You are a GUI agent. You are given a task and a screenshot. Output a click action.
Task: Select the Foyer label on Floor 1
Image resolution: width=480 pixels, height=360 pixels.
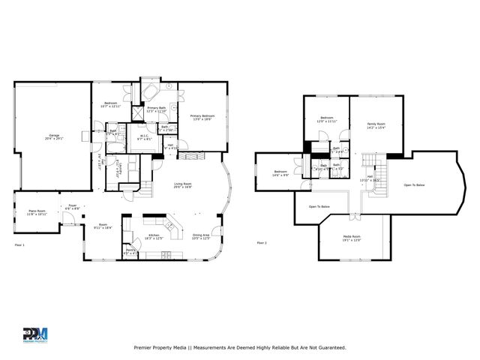coord(73,206)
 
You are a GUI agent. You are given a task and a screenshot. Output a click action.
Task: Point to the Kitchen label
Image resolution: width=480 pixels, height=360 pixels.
coord(153,236)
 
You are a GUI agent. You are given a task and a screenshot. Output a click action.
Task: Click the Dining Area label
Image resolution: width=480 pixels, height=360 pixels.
coord(201,236)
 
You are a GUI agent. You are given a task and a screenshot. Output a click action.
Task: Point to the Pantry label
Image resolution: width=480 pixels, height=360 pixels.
coord(129,251)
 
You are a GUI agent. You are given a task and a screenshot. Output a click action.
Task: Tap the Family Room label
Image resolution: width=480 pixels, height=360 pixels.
coord(376,124)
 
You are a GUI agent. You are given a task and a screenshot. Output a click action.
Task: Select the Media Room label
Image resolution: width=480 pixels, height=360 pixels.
coord(352,238)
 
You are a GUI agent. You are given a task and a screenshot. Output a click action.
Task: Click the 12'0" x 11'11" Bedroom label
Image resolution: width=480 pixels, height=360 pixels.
coord(327,119)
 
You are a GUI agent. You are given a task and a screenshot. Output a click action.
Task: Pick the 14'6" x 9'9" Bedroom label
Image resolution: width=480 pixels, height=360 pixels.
coord(280,173)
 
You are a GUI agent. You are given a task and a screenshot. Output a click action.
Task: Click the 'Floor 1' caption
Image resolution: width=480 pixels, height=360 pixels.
coord(19,245)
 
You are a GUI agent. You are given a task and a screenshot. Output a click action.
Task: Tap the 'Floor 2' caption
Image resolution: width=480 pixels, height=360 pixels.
coord(262,243)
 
